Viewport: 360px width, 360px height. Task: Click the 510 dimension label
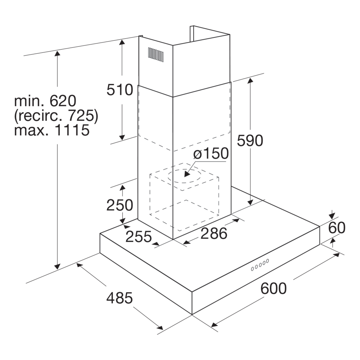120,90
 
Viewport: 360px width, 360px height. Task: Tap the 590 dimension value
250,140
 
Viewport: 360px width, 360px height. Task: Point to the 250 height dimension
120,205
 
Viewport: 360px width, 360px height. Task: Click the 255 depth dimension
139,237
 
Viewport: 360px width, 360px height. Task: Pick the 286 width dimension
214,233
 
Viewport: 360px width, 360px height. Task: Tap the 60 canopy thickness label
337,228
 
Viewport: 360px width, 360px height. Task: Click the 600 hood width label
274,288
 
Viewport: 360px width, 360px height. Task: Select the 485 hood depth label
120,298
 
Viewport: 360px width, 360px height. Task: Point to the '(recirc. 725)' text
56,115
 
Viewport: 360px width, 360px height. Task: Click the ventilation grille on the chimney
156,55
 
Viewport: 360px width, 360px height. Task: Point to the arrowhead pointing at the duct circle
187,174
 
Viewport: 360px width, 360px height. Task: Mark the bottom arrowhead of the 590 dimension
250,202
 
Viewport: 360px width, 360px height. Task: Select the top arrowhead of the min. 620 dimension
57,53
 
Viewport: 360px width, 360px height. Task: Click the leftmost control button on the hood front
252,269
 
